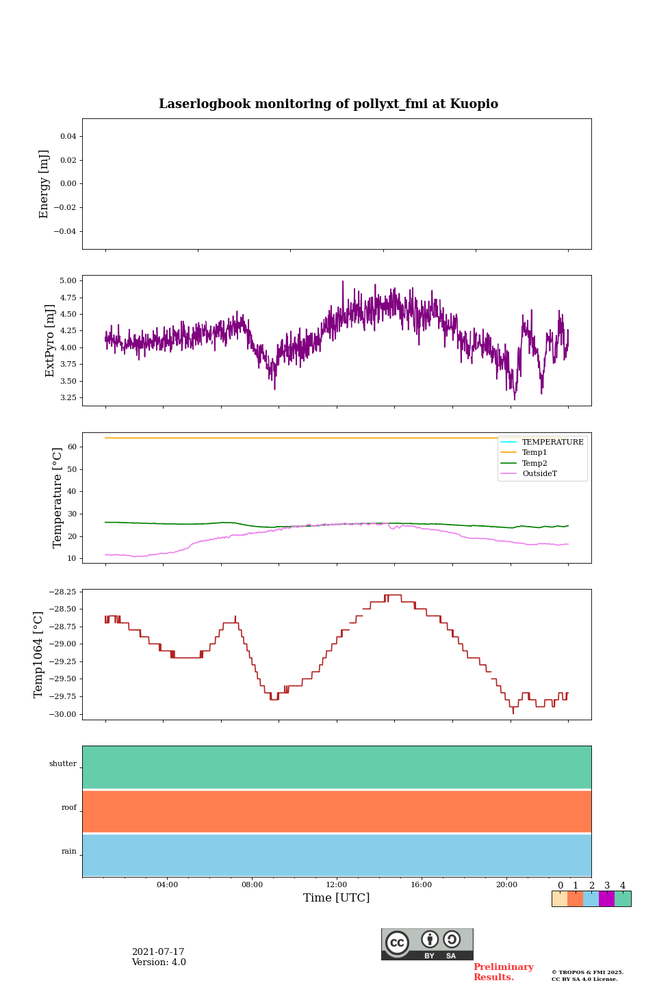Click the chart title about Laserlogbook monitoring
[328, 104]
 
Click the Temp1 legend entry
[534, 453]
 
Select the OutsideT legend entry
[539, 474]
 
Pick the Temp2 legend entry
[534, 463]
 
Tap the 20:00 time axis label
[506, 884]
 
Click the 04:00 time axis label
[167, 884]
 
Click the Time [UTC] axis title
[337, 897]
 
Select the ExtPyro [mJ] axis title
[50, 341]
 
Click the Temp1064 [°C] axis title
[38, 655]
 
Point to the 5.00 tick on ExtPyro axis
[68, 280]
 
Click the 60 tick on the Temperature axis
[72, 447]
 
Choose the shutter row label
[63, 763]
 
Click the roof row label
[69, 808]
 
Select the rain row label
[69, 852]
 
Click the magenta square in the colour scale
[606, 899]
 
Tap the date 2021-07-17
[158, 952]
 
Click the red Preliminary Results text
[503, 972]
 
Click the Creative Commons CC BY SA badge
[427, 944]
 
